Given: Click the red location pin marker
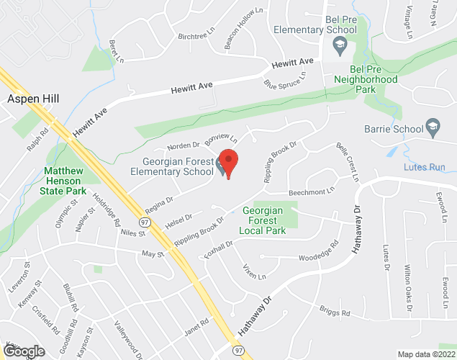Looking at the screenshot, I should pos(228,163).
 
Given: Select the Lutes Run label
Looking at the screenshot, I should pos(430,166).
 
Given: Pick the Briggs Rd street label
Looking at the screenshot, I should pos(335,312).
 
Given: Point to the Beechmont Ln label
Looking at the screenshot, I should pos(312,192).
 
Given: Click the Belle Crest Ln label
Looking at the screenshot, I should pos(347,160).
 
